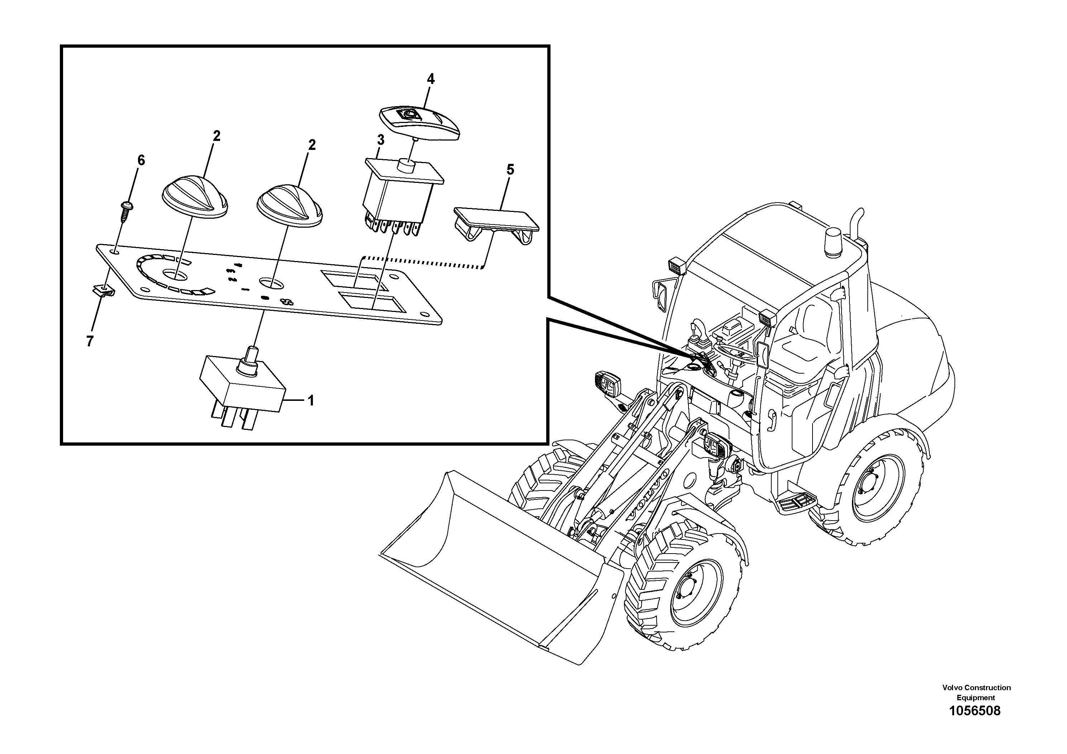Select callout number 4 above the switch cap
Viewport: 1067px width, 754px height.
431,79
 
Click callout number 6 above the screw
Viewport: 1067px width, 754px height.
141,160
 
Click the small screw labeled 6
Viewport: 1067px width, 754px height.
126,211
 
